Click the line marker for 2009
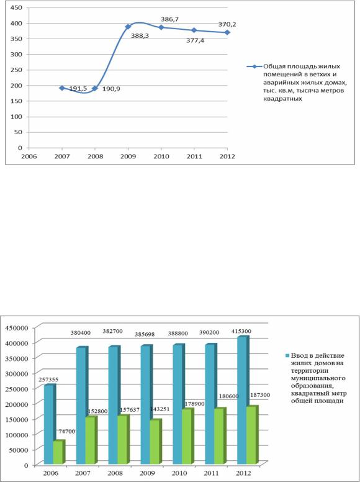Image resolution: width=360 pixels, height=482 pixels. (128, 27)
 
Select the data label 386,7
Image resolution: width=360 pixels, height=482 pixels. (170, 19)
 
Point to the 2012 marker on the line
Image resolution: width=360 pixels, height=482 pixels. (227, 32)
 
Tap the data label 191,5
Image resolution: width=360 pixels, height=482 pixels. (78, 89)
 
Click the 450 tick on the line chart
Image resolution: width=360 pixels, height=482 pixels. (16, 7)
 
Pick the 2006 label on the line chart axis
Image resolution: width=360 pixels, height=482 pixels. (29, 157)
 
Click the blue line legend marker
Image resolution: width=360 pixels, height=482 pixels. (254, 66)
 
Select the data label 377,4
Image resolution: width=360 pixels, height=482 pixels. (196, 40)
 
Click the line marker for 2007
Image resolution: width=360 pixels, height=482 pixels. (61, 88)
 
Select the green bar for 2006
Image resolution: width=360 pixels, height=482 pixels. (59, 452)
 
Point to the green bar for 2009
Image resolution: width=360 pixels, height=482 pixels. (156, 442)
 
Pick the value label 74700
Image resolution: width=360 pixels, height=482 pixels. (67, 431)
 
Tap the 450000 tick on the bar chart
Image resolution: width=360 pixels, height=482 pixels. (16, 328)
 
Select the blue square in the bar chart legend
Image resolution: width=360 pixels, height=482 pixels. (287, 356)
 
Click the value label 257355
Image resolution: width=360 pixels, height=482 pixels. (48, 380)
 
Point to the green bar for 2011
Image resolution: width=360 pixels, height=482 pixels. (220, 436)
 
